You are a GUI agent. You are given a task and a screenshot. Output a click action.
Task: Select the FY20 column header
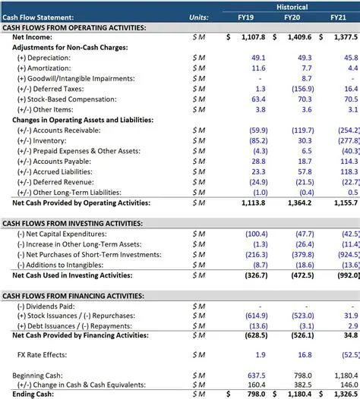coord(292,17)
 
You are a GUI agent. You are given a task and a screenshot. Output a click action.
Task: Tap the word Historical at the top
coord(292,6)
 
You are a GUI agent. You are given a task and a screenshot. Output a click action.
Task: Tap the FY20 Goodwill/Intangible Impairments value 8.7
coord(306,78)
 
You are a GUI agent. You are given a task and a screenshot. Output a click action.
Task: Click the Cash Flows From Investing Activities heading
coord(73,224)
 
